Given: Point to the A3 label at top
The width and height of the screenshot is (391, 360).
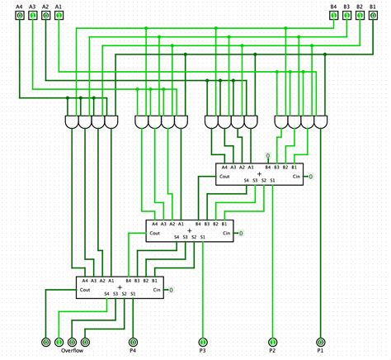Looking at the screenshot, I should coord(32,6).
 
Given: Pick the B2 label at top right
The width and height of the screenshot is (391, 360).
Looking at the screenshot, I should coord(359,6).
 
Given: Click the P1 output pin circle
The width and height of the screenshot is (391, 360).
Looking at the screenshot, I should coord(321,340).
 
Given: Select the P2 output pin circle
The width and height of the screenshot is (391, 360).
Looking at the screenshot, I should coord(273,340).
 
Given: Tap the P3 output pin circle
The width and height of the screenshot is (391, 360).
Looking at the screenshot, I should coord(203,340).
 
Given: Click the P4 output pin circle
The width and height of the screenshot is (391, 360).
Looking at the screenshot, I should coord(133,340).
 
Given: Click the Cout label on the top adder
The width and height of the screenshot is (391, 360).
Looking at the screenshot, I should coord(224,176).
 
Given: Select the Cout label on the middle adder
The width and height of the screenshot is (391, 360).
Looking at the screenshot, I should coord(155,233).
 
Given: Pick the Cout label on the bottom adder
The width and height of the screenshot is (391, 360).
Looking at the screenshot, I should coord(85,290).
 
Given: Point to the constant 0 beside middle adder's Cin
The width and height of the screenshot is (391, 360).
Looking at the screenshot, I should coord(242,234).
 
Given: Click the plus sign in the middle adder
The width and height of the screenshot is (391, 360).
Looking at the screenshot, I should coord(190,230).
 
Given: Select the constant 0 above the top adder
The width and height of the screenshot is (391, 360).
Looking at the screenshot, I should coord(267,155).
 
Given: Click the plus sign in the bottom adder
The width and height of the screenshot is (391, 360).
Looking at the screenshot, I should coord(120,287).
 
